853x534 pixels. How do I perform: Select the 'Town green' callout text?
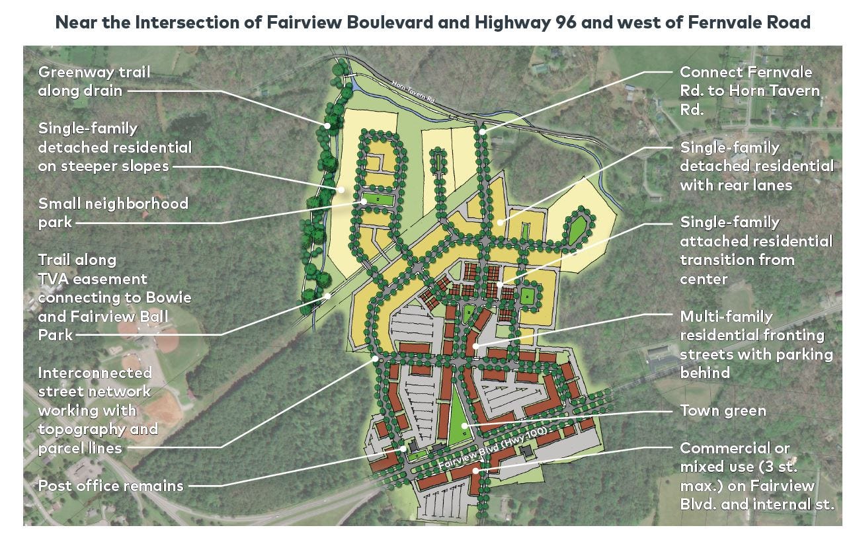point(723,411)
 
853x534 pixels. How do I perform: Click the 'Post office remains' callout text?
point(110,486)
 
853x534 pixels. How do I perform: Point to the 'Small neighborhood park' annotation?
point(113,212)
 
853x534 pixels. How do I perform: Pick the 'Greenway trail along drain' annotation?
point(94,81)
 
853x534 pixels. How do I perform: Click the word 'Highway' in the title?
point(514,22)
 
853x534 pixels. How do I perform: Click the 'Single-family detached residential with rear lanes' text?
point(756,166)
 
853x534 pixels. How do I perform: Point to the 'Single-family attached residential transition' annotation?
point(756,250)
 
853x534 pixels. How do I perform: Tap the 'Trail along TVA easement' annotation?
point(114,297)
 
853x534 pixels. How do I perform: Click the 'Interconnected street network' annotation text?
point(99,410)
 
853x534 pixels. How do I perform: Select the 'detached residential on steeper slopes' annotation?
point(114,147)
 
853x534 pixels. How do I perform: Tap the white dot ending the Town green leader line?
point(464,425)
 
